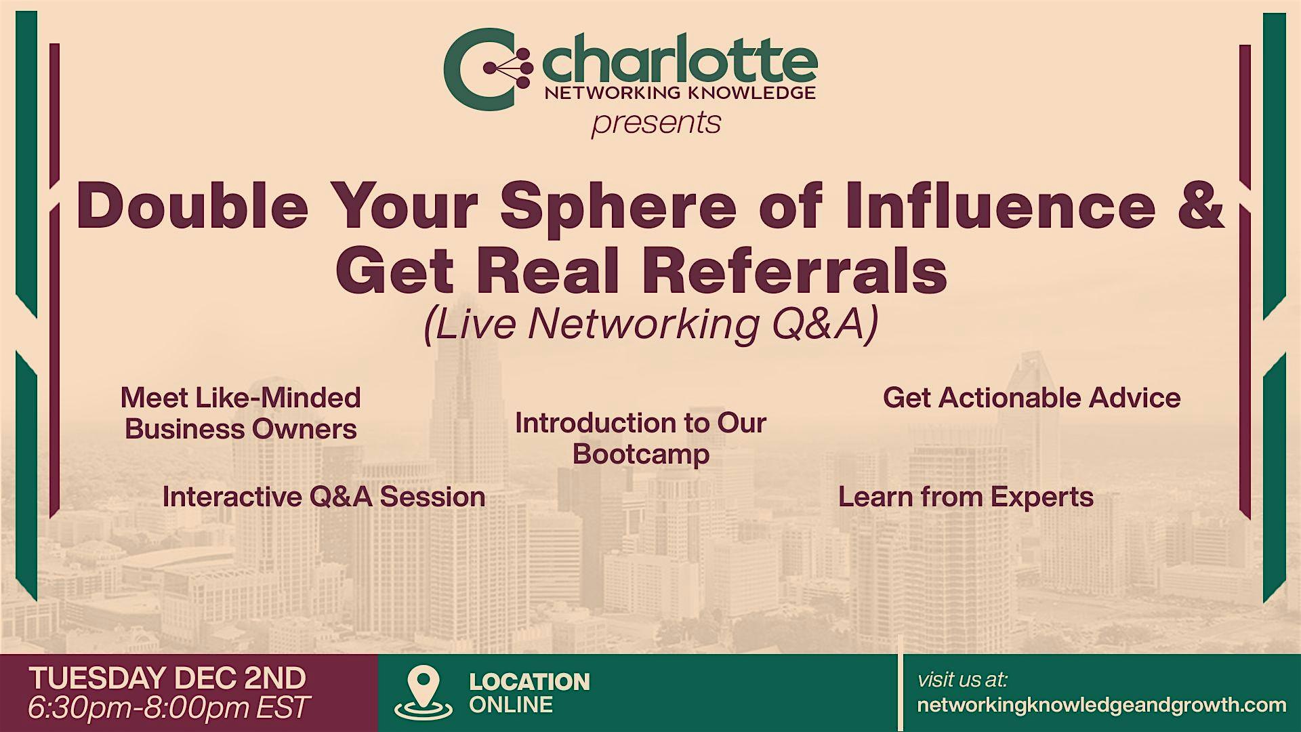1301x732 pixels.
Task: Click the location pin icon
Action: pyautogui.click(x=424, y=692)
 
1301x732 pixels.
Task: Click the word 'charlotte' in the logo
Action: pyautogui.click(x=680, y=59)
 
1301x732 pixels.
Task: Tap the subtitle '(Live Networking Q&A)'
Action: pyautogui.click(x=650, y=324)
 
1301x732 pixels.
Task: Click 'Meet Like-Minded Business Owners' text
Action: pyautogui.click(x=241, y=413)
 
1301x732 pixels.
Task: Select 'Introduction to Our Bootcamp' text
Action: pyautogui.click(x=640, y=438)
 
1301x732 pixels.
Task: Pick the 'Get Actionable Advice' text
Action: pyautogui.click(x=1031, y=398)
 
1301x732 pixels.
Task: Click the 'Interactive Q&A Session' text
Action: pyautogui.click(x=324, y=497)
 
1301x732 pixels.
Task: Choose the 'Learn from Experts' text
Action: pyautogui.click(x=966, y=497)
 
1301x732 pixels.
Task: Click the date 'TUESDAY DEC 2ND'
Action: pyautogui.click(x=167, y=678)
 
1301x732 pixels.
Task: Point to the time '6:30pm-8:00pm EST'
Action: pyautogui.click(x=169, y=708)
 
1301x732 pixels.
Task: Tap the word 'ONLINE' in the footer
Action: pyautogui.click(x=511, y=705)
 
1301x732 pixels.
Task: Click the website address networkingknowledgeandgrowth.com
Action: pyautogui.click(x=1102, y=705)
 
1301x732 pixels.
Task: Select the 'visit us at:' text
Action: pyautogui.click(x=962, y=679)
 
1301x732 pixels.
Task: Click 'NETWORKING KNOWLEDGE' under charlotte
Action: pyautogui.click(x=680, y=93)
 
